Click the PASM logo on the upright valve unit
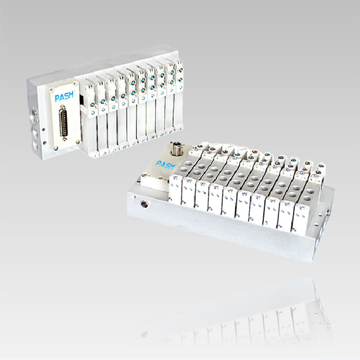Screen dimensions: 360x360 [x=64, y=96]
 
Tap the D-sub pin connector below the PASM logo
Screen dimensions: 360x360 [x=63, y=123]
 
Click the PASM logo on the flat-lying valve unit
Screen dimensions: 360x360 [x=165, y=165]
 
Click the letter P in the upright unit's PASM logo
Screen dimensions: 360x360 [x=57, y=98]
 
